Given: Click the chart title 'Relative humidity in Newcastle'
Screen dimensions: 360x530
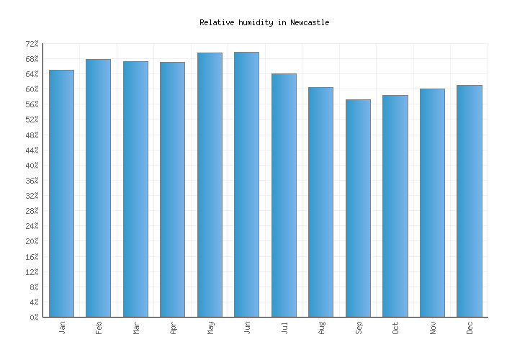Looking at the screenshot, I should point(264,22).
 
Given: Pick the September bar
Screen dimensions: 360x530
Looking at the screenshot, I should point(358,208).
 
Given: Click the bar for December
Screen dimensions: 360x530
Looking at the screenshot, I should point(470,201).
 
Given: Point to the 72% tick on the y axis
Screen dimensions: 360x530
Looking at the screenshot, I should point(32,44).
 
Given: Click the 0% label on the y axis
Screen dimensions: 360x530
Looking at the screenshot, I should point(34,318).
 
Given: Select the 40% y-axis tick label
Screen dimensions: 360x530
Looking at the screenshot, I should point(32,166).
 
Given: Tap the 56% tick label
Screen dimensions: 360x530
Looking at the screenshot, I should point(32,104).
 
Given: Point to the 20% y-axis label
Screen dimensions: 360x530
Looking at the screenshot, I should point(32,241).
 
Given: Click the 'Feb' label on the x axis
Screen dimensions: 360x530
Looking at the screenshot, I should point(99,328).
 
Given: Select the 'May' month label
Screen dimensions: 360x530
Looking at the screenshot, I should point(210,328).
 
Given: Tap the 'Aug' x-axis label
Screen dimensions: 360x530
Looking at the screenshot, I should point(321,328).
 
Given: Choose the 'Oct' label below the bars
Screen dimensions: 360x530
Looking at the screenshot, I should point(395,328).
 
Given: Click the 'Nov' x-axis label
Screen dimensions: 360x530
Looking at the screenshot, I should point(433,328).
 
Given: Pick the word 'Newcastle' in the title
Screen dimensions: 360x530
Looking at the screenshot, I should point(310,22).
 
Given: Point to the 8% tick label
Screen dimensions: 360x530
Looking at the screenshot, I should point(34,287).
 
